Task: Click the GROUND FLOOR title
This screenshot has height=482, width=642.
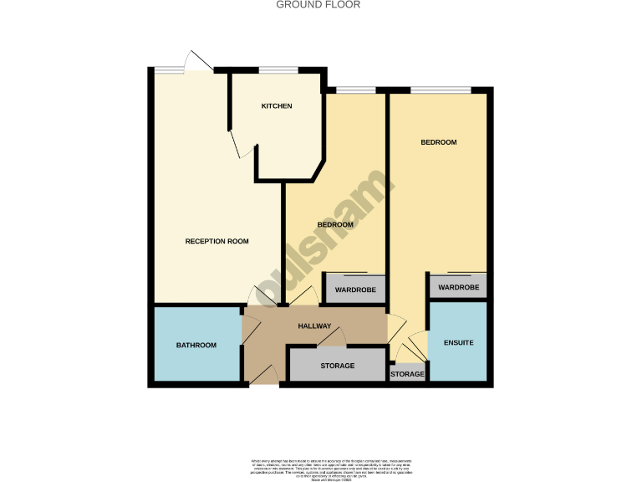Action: click(318, 4)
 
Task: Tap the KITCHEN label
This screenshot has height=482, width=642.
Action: click(277, 106)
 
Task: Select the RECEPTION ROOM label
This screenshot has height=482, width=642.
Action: click(217, 242)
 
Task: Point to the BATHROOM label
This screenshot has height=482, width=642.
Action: click(196, 346)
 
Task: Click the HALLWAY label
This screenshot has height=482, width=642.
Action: click(314, 326)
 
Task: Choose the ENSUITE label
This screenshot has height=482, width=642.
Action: click(457, 342)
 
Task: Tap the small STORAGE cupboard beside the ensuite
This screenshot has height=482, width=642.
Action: click(408, 374)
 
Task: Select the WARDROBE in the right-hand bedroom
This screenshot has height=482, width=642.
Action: click(458, 287)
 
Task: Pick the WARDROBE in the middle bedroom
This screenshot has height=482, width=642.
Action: click(355, 290)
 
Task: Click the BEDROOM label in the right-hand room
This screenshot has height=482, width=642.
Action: click(438, 142)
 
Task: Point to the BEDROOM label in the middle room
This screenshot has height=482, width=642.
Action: click(335, 225)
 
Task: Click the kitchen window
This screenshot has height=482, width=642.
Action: click(278, 69)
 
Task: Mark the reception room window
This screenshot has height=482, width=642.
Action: click(170, 69)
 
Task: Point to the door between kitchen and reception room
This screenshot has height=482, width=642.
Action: click(238, 145)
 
